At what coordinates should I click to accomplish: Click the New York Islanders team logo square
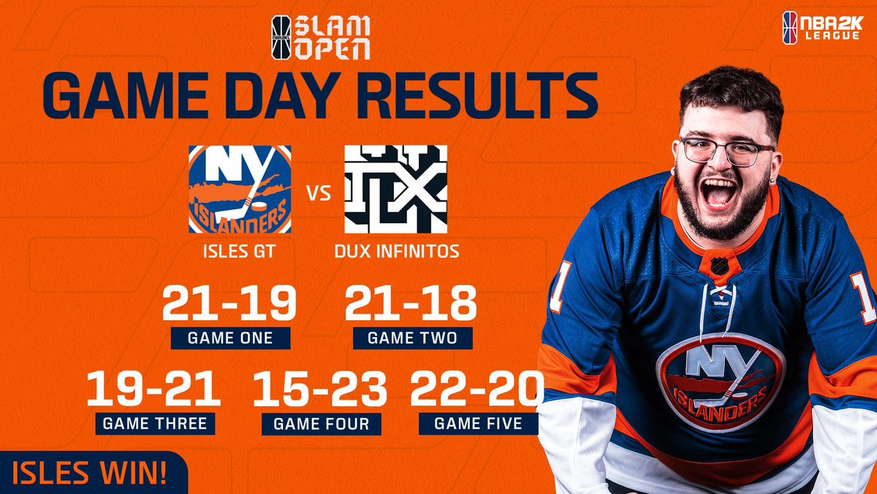(240, 189)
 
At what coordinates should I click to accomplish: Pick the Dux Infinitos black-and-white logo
(395, 189)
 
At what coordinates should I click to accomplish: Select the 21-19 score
(229, 303)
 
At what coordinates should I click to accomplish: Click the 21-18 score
(411, 303)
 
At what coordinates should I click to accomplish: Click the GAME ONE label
(229, 338)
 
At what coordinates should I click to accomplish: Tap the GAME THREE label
(154, 423)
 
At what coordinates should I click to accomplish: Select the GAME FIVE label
(478, 423)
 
